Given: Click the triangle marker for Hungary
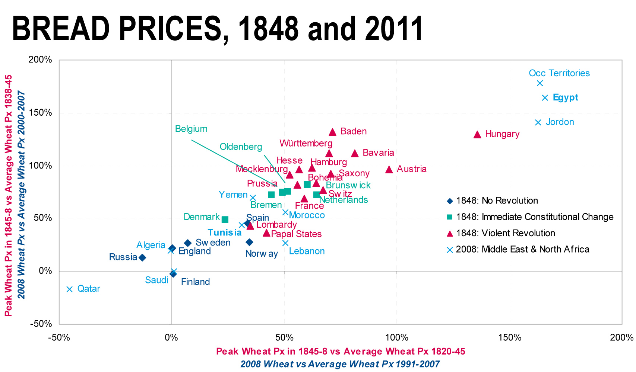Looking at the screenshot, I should click(x=477, y=135).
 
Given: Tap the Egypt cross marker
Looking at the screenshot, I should click(x=545, y=98).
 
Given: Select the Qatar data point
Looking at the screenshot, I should click(x=70, y=289).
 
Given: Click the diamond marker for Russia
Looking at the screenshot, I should click(x=142, y=257).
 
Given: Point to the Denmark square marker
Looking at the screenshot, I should click(x=225, y=219).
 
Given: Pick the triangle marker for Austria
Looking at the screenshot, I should click(x=389, y=170).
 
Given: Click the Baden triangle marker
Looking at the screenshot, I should click(x=333, y=132).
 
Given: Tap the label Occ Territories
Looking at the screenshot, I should click(x=559, y=73).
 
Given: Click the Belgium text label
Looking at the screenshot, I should click(x=191, y=129).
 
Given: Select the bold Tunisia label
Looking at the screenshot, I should click(x=225, y=233).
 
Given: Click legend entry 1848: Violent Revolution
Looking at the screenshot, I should click(x=505, y=233).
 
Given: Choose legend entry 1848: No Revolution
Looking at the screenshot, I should click(x=497, y=201).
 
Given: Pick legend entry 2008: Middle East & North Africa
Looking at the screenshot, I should click(x=522, y=249).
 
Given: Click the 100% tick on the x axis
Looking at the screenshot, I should click(x=396, y=338).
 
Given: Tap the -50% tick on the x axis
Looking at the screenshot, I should click(x=59, y=338).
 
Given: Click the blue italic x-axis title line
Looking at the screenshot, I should click(x=340, y=364).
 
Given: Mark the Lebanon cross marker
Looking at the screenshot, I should click(x=285, y=243).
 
